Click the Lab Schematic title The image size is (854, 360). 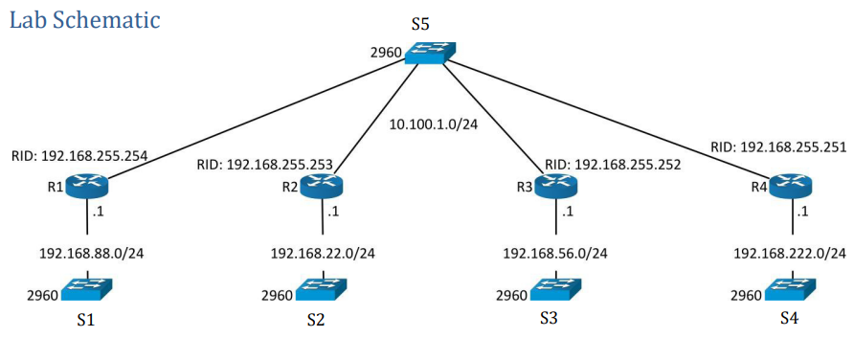point(84,19)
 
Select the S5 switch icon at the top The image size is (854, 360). point(430,53)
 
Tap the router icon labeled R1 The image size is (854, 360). point(88,186)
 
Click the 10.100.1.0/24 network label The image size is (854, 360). point(433,124)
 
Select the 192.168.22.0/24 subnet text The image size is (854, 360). point(323,254)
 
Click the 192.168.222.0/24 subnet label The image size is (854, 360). point(790,254)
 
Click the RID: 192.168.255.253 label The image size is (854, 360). point(264,165)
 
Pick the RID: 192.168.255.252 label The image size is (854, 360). point(613,165)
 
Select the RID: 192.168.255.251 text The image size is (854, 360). point(778,147)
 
